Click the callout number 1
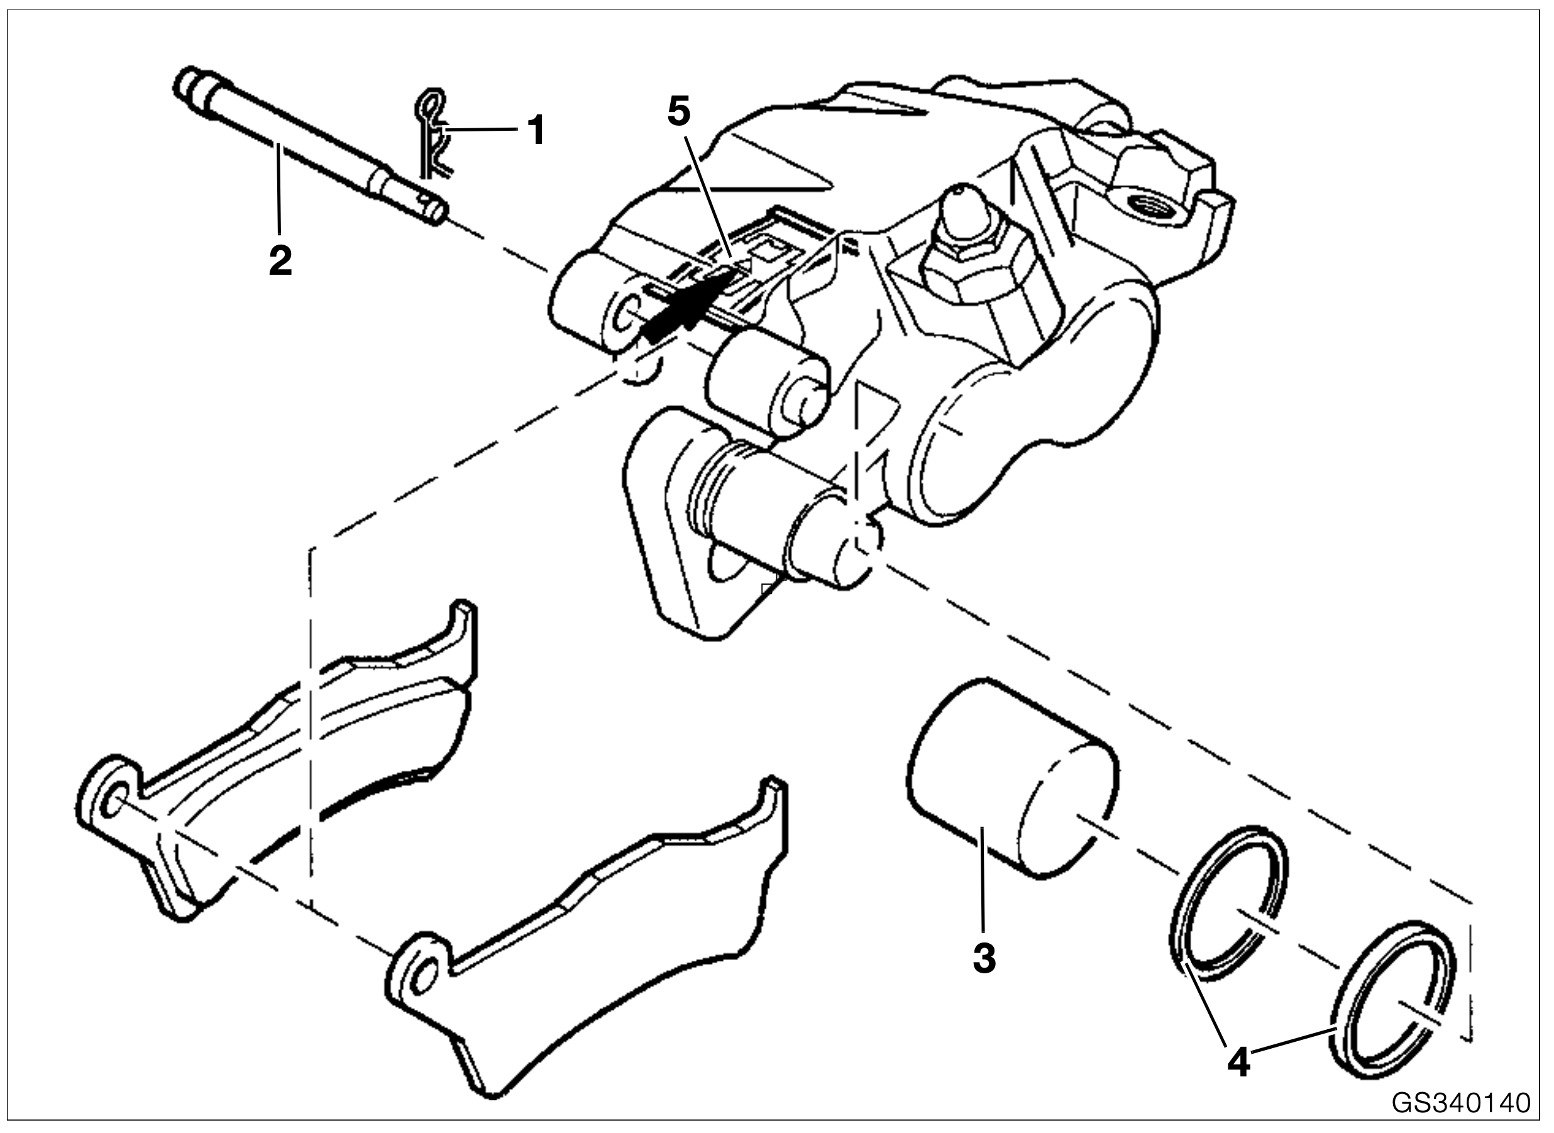536,130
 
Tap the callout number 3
984,958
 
